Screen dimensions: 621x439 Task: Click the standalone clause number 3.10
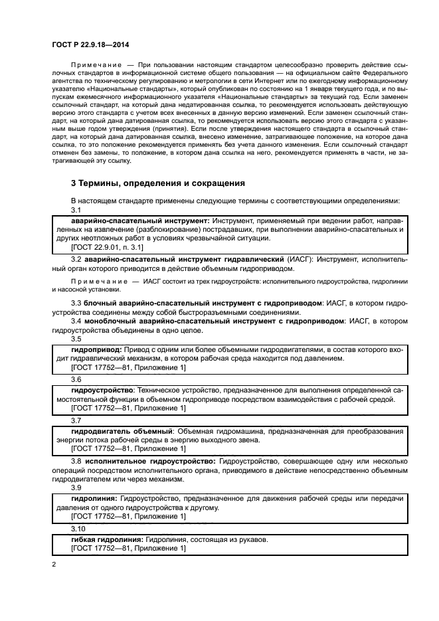pos(79,528)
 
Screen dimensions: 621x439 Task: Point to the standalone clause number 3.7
pos(76,420)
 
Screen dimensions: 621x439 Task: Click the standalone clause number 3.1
pos(76,209)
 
